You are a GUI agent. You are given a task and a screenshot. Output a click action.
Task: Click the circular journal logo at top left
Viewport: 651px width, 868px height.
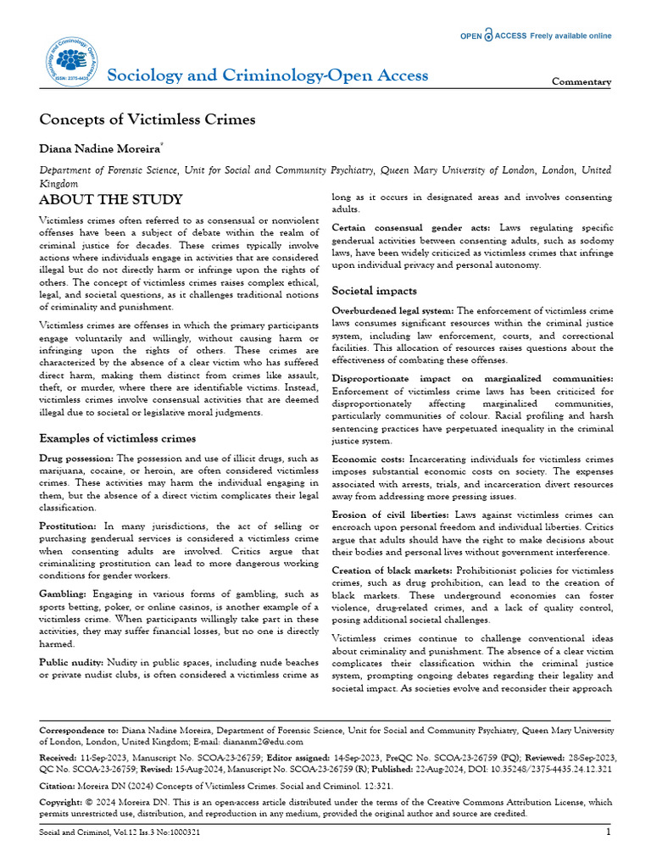pyautogui.click(x=70, y=57)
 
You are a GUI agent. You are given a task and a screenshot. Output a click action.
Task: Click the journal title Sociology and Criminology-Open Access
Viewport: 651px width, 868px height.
pyautogui.click(x=268, y=75)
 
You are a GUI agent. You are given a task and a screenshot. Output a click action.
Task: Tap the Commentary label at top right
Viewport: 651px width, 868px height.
pyautogui.click(x=581, y=82)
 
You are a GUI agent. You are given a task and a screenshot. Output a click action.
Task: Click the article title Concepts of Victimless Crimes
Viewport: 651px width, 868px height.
pyautogui.click(x=148, y=120)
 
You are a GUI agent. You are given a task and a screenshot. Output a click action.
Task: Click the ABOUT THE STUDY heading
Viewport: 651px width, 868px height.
pyautogui.click(x=111, y=200)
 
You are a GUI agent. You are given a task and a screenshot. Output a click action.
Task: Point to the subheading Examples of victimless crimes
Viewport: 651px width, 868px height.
pyautogui.click(x=118, y=438)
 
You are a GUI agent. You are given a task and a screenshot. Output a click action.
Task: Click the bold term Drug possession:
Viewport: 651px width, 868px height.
pyautogui.click(x=77, y=459)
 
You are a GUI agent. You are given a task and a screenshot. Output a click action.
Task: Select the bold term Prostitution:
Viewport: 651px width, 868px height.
pyautogui.click(x=69, y=527)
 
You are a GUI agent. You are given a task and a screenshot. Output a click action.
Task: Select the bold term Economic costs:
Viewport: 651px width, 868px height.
pyautogui.click(x=369, y=459)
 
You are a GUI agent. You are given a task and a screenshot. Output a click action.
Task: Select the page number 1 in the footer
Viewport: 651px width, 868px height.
pyautogui.click(x=609, y=832)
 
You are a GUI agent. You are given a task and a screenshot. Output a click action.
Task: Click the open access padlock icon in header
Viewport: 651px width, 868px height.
pyautogui.click(x=488, y=35)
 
